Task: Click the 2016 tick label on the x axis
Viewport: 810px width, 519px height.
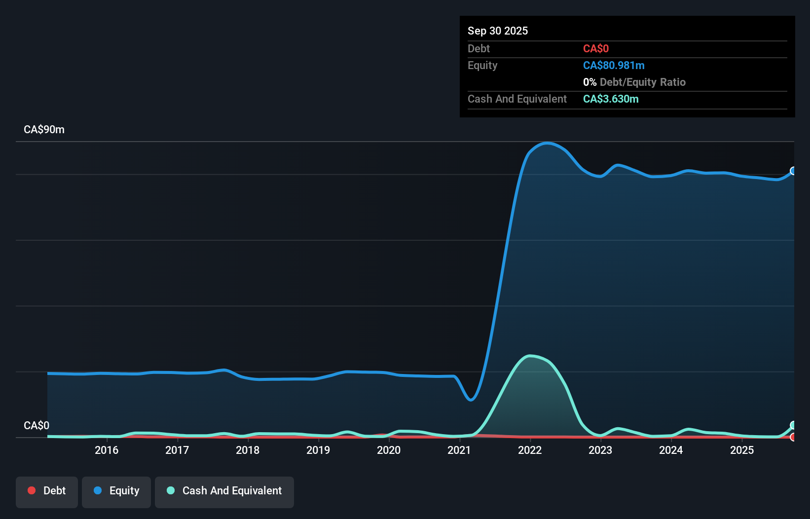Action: [x=107, y=450]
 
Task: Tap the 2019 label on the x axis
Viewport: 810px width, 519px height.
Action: [x=318, y=450]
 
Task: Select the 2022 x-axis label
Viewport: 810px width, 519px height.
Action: [x=530, y=450]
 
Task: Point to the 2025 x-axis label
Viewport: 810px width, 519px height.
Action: [x=742, y=450]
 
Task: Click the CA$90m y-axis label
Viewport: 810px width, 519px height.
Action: [x=44, y=130]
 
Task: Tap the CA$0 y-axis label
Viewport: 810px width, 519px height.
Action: [x=37, y=425]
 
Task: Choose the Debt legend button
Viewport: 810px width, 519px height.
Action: [x=47, y=491]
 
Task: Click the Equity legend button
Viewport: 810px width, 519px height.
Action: [x=116, y=491]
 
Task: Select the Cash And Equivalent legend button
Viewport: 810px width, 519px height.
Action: [x=224, y=491]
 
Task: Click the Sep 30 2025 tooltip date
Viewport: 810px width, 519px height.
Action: [x=497, y=31]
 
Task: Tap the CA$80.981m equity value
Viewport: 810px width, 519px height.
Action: [x=613, y=66]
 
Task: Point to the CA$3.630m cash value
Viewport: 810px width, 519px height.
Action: [x=610, y=99]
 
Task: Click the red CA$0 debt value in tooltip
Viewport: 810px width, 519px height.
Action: [x=595, y=49]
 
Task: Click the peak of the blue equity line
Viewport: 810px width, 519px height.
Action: [x=547, y=143]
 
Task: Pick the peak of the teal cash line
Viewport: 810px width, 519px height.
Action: [x=530, y=356]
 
